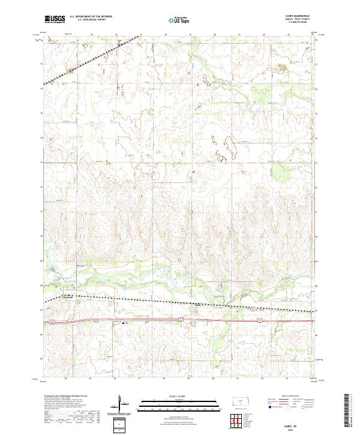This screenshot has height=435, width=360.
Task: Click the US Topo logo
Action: click(x=179, y=20)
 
